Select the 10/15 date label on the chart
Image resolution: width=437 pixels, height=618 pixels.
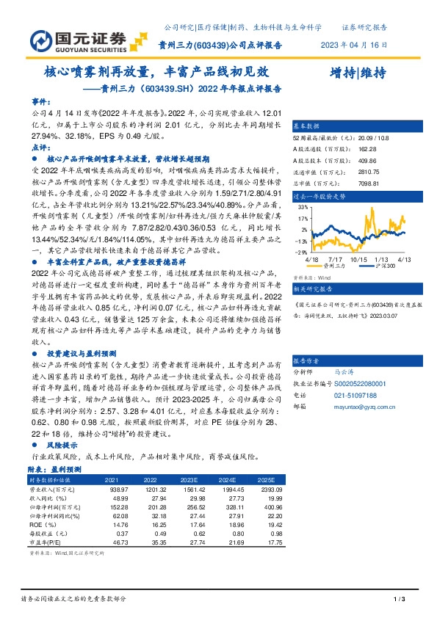click(x=360, y=258)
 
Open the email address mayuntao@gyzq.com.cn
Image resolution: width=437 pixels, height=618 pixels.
click(x=358, y=405)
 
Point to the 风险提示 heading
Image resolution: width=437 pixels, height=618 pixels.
click(x=62, y=445)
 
